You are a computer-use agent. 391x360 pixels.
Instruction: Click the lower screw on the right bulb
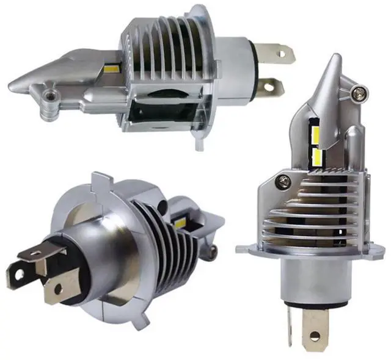(x=282, y=181)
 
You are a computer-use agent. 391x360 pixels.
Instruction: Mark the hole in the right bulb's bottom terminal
(x=314, y=336)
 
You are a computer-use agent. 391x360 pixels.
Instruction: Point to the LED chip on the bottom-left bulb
(x=181, y=222)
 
